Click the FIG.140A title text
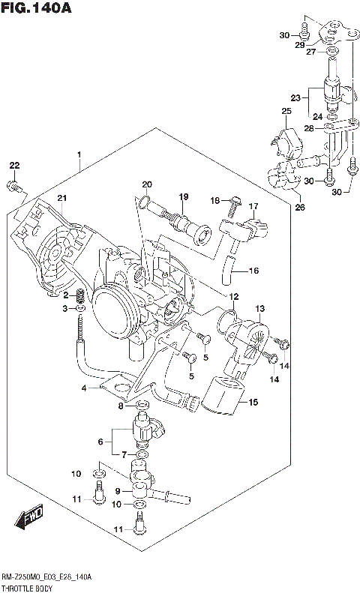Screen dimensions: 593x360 tap(37, 8)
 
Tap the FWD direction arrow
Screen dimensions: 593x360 tap(28, 517)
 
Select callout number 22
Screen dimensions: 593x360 tap(14, 165)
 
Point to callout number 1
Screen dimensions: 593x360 tap(79, 155)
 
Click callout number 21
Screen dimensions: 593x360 tap(62, 197)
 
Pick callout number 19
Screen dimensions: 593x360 tap(182, 196)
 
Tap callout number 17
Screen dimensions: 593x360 tap(253, 206)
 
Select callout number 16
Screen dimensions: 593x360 tap(253, 271)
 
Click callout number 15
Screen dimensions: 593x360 tap(253, 403)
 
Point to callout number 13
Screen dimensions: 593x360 tap(260, 309)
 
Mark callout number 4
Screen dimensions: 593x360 tap(85, 388)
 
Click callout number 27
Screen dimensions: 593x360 tap(310, 52)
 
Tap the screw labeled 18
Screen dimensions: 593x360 tap(234, 200)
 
